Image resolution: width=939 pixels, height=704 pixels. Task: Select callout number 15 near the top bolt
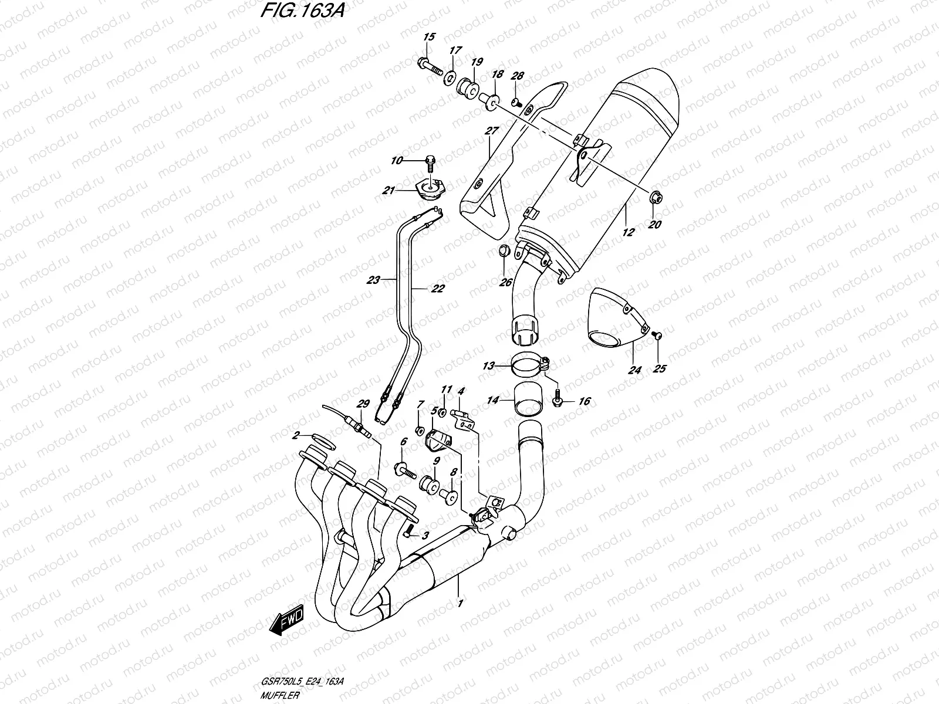tap(429, 38)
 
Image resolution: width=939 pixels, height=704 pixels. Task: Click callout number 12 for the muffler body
tap(628, 232)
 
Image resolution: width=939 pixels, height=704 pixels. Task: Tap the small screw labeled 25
tap(657, 335)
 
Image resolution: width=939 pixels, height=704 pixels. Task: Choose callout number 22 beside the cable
tap(437, 288)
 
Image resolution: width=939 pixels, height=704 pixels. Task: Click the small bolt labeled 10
tap(431, 159)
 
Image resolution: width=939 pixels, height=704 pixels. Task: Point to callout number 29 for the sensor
tap(363, 404)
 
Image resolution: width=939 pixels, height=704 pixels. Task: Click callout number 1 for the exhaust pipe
tap(460, 603)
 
